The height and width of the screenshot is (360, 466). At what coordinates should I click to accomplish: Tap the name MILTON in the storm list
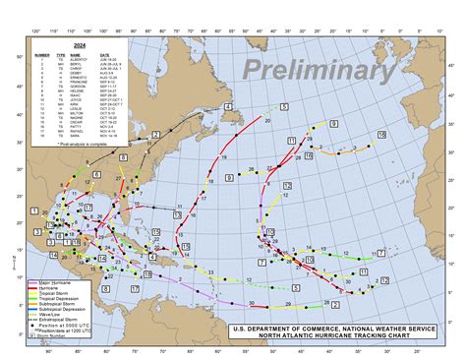coord(76,113)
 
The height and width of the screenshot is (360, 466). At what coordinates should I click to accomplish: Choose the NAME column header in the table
coord(75,54)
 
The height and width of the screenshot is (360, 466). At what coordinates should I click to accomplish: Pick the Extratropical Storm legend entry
coord(62,318)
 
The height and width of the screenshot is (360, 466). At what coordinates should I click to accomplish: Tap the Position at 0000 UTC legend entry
coord(62,324)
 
